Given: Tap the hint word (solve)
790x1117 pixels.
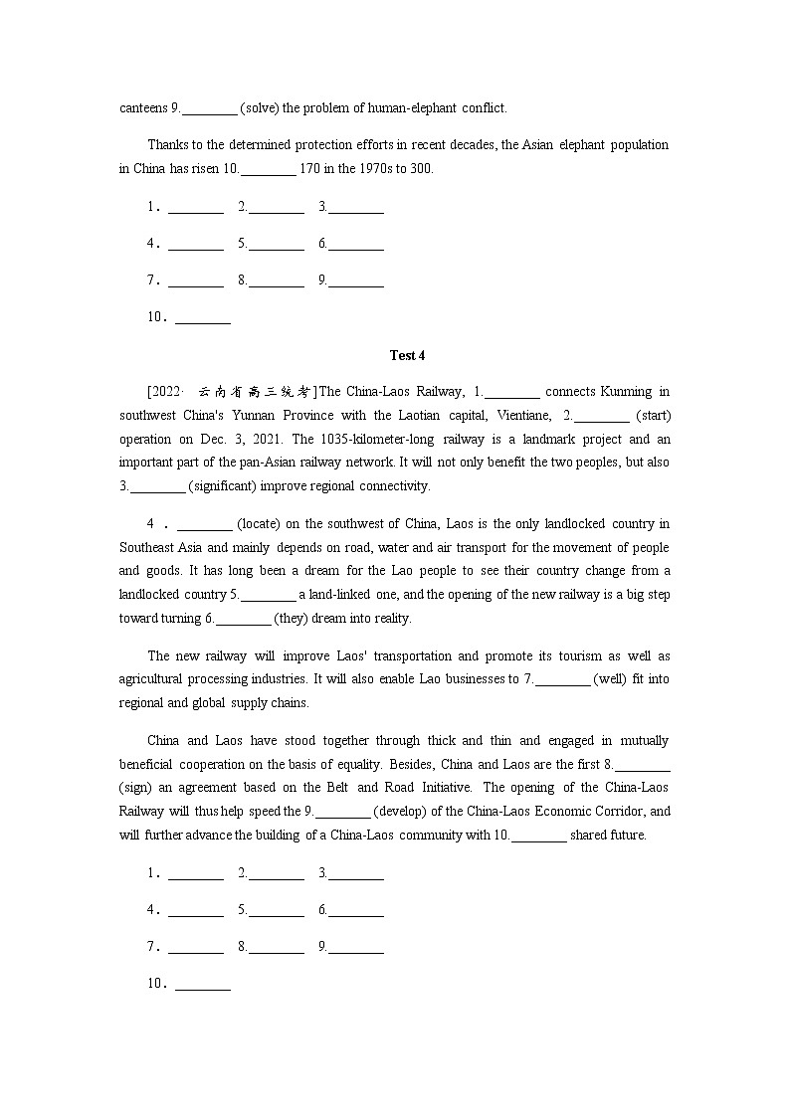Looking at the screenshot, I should click(x=260, y=107).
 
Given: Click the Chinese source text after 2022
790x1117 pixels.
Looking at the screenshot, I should click(x=255, y=391).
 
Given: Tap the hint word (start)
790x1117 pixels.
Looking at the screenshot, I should click(x=652, y=415).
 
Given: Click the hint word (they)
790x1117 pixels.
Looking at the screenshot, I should click(x=293, y=619).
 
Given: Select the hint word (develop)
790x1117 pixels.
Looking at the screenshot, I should click(x=402, y=811).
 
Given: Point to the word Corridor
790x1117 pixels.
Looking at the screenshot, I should click(x=618, y=811).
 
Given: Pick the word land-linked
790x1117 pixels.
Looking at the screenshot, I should click(x=347, y=595).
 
